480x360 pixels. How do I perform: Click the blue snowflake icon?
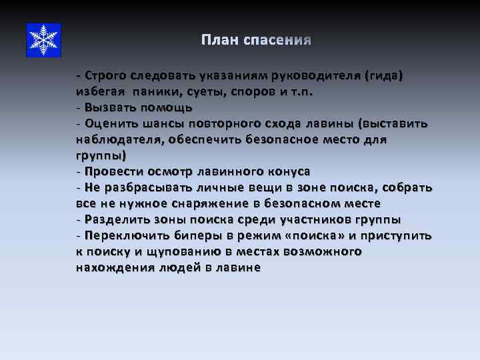click(43, 39)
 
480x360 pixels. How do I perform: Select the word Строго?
click(106, 76)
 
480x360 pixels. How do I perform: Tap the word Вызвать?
click(109, 107)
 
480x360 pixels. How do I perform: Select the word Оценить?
click(111, 123)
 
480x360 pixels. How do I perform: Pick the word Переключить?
click(123, 235)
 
